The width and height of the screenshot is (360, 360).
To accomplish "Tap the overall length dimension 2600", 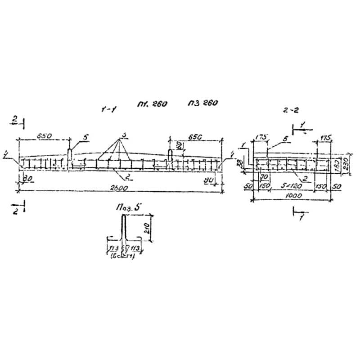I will click(119, 188).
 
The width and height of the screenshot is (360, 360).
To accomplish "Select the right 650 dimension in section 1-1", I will click(196, 135).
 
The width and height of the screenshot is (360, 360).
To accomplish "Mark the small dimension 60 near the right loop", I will click(179, 145).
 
